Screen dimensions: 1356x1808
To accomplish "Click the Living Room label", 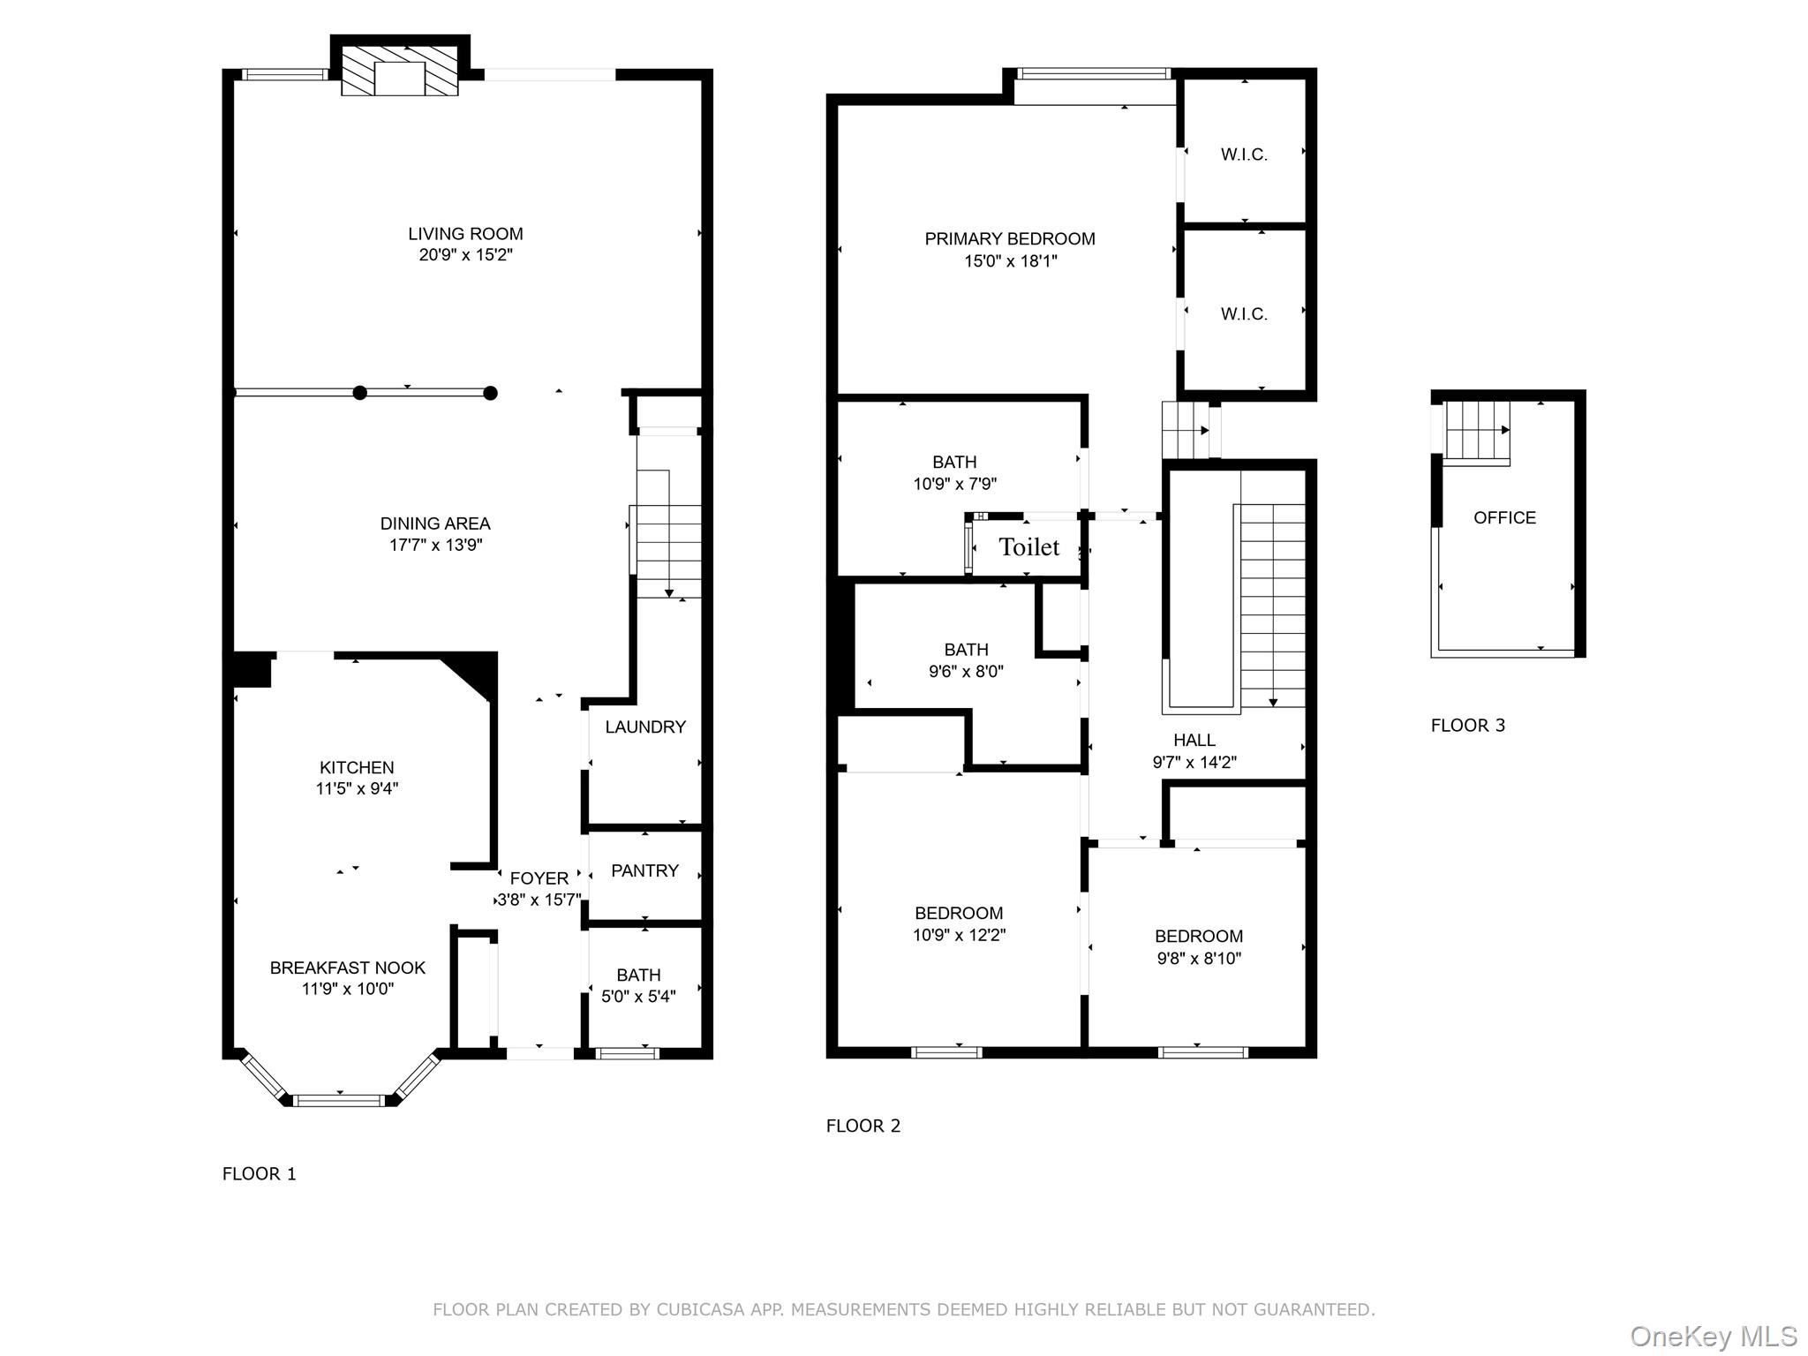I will (x=465, y=234).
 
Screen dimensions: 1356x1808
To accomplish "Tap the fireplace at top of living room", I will (x=400, y=71).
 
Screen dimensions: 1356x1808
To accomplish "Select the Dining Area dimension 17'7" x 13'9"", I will (x=436, y=545).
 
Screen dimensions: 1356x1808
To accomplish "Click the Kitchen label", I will (x=357, y=767).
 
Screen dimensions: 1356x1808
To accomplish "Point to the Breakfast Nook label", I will (x=348, y=968).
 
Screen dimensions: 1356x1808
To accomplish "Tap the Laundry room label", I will (x=645, y=727).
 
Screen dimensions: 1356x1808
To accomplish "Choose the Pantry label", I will (x=644, y=870).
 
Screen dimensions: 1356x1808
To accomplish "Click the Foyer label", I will (x=539, y=878).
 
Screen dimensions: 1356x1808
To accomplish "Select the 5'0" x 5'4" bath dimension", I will (x=638, y=996).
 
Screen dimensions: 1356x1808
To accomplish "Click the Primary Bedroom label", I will (x=1010, y=238).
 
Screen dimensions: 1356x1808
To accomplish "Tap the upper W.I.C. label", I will (x=1244, y=154).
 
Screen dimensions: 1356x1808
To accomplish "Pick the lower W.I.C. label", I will (x=1244, y=314).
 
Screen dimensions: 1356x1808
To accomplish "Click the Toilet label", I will (x=1028, y=547).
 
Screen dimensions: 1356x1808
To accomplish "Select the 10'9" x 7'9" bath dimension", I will (x=954, y=484).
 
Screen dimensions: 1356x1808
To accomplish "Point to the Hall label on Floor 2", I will (x=1194, y=740).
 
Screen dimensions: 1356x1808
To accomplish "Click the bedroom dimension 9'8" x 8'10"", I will (x=1199, y=958).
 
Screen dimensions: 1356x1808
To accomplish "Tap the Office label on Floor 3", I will (x=1504, y=517).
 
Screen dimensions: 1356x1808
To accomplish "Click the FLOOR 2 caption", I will (x=863, y=1126).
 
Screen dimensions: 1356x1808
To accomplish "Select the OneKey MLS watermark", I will (x=1713, y=1337).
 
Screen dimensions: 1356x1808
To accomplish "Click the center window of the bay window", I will (x=339, y=1100).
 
